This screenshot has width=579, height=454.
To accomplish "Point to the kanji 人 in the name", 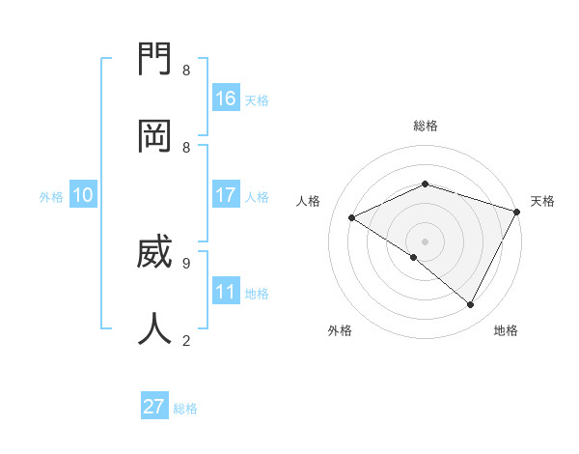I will (x=155, y=329).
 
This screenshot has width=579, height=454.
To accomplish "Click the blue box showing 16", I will (x=226, y=98).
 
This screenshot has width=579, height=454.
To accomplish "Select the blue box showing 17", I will (x=226, y=194).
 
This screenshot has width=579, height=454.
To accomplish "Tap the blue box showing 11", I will (x=226, y=291).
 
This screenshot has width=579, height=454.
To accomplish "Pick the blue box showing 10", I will (x=83, y=194).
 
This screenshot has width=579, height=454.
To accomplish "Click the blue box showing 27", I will (x=154, y=407).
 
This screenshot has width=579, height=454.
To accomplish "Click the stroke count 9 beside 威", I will (x=186, y=262).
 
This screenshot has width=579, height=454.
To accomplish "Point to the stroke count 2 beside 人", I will (x=186, y=339).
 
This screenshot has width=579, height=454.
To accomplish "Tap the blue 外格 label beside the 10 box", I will (x=51, y=196).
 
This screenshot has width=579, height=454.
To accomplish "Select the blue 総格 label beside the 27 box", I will (x=185, y=409).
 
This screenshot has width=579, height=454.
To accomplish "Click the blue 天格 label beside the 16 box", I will (x=257, y=99).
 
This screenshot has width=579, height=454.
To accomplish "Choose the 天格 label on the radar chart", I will (x=542, y=201).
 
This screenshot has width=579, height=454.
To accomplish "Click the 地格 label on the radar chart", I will (x=506, y=330).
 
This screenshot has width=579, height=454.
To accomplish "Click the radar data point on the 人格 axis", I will (x=352, y=218).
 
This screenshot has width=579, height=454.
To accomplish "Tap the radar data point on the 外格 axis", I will (x=413, y=257).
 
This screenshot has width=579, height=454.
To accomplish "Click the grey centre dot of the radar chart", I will (x=425, y=241).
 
